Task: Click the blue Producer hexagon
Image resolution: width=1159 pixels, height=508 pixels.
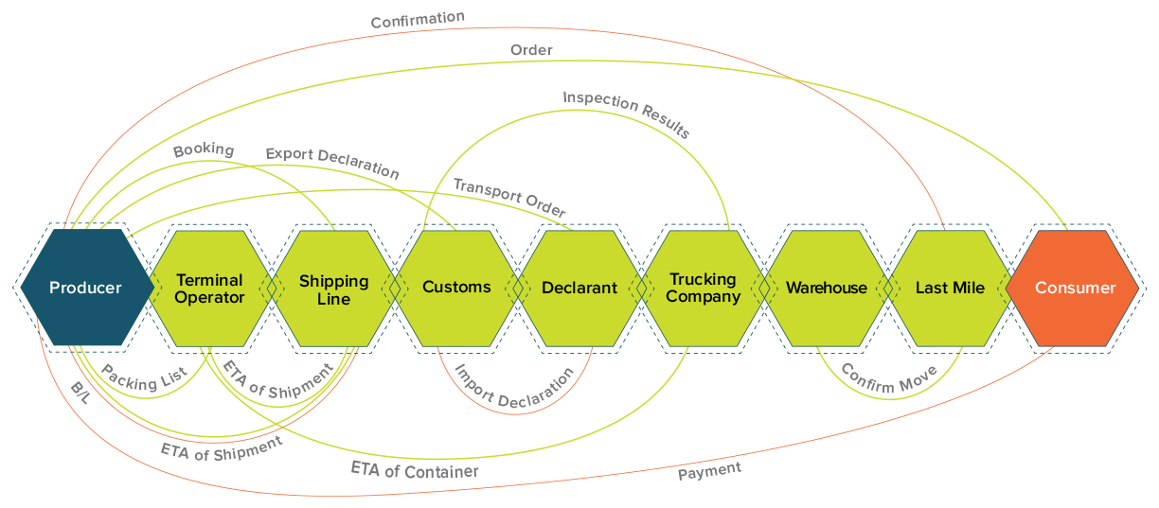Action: click(85, 288)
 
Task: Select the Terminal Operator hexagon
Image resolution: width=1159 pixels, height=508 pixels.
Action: click(209, 289)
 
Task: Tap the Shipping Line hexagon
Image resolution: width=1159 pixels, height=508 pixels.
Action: click(333, 289)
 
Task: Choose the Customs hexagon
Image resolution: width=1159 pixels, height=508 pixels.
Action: click(456, 288)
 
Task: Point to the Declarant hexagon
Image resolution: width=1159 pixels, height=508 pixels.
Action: click(579, 288)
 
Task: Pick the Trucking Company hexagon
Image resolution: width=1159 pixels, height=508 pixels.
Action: click(704, 288)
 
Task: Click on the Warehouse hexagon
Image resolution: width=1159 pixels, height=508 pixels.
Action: click(827, 288)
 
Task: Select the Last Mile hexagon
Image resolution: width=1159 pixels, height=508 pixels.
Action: click(950, 288)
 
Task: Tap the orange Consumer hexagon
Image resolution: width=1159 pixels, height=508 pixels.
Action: click(1075, 288)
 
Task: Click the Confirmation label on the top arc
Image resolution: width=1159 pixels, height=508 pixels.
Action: click(418, 19)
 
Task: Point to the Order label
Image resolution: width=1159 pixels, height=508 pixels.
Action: click(531, 49)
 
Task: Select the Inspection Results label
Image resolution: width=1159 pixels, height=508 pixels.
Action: click(626, 114)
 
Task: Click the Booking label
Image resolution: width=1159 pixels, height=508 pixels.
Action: click(203, 149)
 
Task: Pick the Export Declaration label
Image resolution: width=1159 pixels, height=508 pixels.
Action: click(331, 162)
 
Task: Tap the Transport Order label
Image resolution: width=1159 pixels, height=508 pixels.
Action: click(509, 197)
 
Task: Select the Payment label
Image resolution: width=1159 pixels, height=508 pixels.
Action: click(709, 470)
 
